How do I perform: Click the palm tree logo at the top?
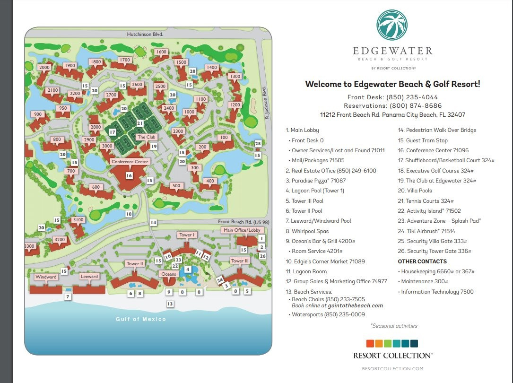click(x=392, y=25)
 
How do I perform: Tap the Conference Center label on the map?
click(x=130, y=162)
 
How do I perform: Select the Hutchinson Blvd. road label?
click(x=145, y=35)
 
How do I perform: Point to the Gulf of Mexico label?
click(x=141, y=319)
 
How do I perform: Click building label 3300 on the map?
click(x=29, y=246)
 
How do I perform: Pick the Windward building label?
click(x=46, y=277)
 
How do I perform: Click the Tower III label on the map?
click(x=240, y=261)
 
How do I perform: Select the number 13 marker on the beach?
click(x=170, y=304)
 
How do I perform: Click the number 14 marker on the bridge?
click(x=153, y=222)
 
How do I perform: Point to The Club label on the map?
click(x=146, y=137)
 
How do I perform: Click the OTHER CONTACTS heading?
click(x=422, y=261)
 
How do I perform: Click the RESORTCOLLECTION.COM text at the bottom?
click(x=392, y=368)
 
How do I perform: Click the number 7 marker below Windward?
click(x=68, y=297)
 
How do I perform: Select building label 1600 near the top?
click(x=161, y=52)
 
